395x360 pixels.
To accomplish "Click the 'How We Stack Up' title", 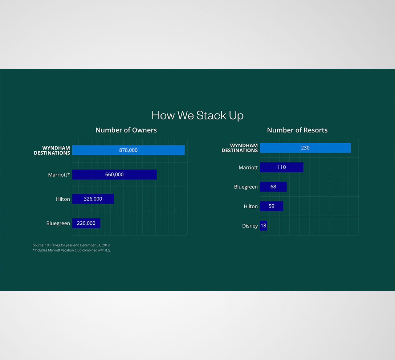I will tap(197, 115).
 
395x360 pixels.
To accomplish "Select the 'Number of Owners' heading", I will tap(126, 130).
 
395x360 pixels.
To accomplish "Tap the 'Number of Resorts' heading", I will tap(297, 130).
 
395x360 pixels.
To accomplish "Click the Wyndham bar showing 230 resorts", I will tap(327, 148).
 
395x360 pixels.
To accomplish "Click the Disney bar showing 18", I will tap(263, 226).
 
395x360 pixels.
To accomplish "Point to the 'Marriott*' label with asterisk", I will tap(59, 175).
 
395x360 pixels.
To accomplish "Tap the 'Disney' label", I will tap(250, 226).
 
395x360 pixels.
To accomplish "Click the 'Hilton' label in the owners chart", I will tap(63, 199).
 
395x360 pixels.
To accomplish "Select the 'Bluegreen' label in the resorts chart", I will tap(246, 187).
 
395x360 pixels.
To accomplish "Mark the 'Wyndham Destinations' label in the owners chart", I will tap(52, 151).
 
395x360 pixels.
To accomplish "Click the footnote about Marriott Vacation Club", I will tap(72, 250).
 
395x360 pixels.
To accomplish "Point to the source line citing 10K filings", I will tap(72, 245).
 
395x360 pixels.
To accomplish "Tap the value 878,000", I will tap(129, 150).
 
